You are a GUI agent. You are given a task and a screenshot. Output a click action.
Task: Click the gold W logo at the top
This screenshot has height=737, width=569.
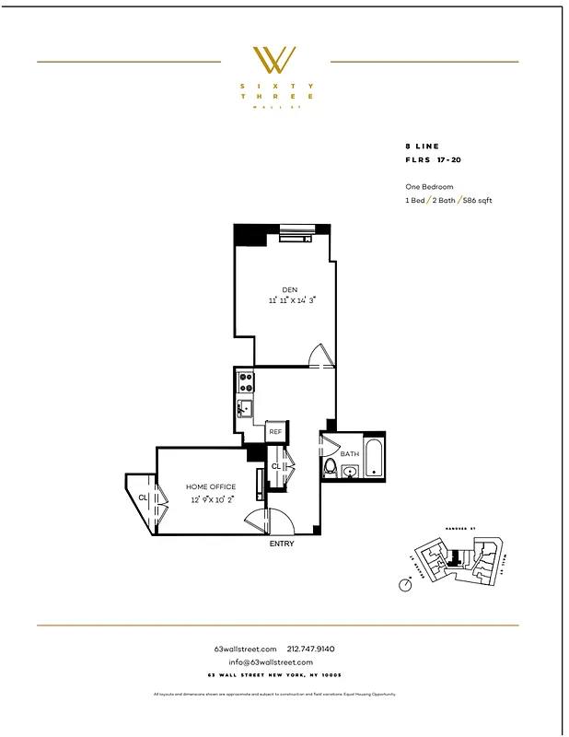pyautogui.click(x=274, y=61)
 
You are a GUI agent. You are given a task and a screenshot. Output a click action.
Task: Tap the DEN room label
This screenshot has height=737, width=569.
pyautogui.click(x=290, y=290)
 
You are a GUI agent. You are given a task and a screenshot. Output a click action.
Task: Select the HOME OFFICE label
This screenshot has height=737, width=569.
pyautogui.click(x=211, y=486)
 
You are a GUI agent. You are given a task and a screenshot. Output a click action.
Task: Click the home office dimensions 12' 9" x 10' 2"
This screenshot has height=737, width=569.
pyautogui.click(x=211, y=498)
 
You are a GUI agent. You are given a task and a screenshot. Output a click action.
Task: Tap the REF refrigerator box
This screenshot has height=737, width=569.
pyautogui.click(x=275, y=431)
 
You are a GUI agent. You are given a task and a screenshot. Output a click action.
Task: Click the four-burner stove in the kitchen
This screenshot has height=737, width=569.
pyautogui.click(x=246, y=380)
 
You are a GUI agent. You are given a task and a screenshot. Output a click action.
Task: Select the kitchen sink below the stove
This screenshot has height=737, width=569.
pyautogui.click(x=245, y=407)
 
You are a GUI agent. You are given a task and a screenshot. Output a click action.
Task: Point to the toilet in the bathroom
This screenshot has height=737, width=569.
pyautogui.click(x=331, y=468)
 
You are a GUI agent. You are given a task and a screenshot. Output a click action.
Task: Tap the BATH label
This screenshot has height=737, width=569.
pyautogui.click(x=350, y=453)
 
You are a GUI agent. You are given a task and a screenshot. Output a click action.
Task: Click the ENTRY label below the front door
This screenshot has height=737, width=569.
pyautogui.click(x=282, y=544)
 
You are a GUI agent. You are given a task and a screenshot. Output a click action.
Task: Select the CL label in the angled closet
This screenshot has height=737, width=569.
pyautogui.click(x=143, y=497)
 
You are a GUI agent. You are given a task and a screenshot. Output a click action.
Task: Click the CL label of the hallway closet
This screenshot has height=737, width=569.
pyautogui.click(x=275, y=467)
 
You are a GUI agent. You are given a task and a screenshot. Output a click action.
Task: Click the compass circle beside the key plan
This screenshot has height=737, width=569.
pyautogui.click(x=405, y=584)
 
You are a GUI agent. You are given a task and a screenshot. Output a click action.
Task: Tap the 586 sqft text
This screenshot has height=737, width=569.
pyautogui.click(x=476, y=200)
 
